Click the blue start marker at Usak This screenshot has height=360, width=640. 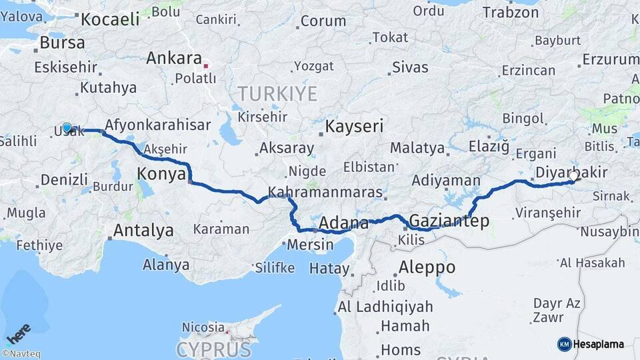[x=67, y=128]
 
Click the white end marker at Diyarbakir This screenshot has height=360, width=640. [x=575, y=177]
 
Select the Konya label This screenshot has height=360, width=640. [x=160, y=175]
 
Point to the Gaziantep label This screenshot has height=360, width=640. [x=449, y=221]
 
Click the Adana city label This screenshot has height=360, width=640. [x=344, y=222]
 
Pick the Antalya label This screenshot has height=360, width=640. [x=143, y=231]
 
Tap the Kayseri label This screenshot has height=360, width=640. [x=354, y=126]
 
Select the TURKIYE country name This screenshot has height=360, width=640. [x=278, y=94]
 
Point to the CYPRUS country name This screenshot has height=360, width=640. [x=215, y=349]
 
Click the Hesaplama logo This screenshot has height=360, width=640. [x=591, y=344]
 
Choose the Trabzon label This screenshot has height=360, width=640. [x=510, y=12]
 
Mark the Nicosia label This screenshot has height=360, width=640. [x=203, y=327]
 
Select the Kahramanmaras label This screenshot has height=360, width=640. [x=325, y=193]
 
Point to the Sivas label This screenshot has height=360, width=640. [x=410, y=67]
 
